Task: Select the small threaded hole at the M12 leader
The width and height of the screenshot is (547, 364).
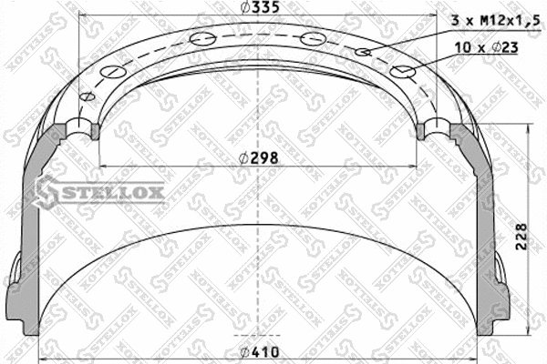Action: [x=364, y=53]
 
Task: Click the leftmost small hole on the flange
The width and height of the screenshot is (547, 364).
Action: [x=87, y=97]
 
